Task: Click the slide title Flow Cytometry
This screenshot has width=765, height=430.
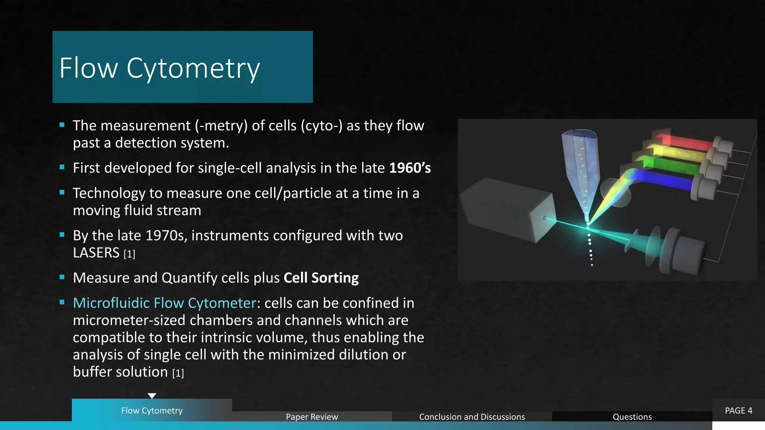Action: pyautogui.click(x=159, y=68)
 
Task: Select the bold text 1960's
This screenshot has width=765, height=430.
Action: pyautogui.click(x=410, y=168)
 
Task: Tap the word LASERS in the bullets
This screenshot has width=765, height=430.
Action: pyautogui.click(x=96, y=253)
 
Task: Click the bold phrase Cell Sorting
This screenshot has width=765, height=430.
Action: pyautogui.click(x=321, y=278)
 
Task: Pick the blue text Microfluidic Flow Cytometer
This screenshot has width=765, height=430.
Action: pyautogui.click(x=164, y=303)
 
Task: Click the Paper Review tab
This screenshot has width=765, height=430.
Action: pyautogui.click(x=312, y=417)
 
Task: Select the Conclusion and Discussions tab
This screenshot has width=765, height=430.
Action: pyautogui.click(x=472, y=417)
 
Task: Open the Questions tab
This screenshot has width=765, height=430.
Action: pyautogui.click(x=632, y=417)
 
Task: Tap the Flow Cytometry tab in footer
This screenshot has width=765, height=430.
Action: pyautogui.click(x=152, y=411)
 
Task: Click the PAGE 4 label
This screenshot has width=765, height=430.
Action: pyautogui.click(x=738, y=411)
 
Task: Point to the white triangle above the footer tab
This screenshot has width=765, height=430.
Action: pyautogui.click(x=152, y=396)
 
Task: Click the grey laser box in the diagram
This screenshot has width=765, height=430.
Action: pyautogui.click(x=506, y=209)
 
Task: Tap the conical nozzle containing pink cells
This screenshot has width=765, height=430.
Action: pyautogui.click(x=581, y=164)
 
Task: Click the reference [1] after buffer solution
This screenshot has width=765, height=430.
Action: pyautogui.click(x=178, y=373)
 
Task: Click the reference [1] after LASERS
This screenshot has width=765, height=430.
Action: pyautogui.click(x=129, y=254)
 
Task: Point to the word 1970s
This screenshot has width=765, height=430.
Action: pyautogui.click(x=166, y=236)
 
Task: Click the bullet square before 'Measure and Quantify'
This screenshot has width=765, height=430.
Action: pyautogui.click(x=62, y=277)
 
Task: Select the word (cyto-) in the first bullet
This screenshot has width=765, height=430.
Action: pyautogui.click(x=322, y=126)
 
